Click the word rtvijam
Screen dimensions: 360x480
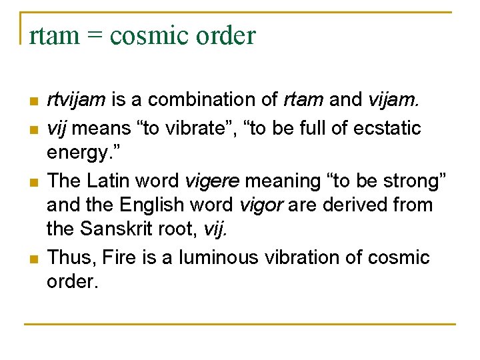pyautogui.click(x=76, y=101)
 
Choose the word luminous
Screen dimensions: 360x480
pyautogui.click(x=219, y=257)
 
